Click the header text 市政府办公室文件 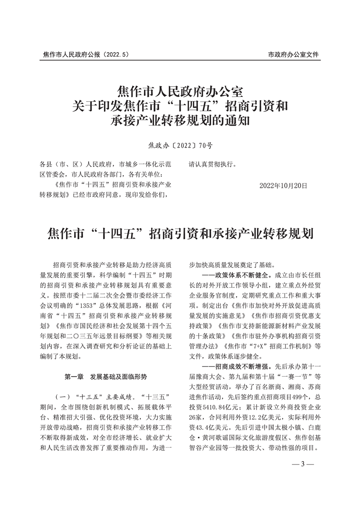pos(294,54)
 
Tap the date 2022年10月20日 pos(283,186)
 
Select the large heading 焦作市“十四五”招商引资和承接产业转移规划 pos(180,234)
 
